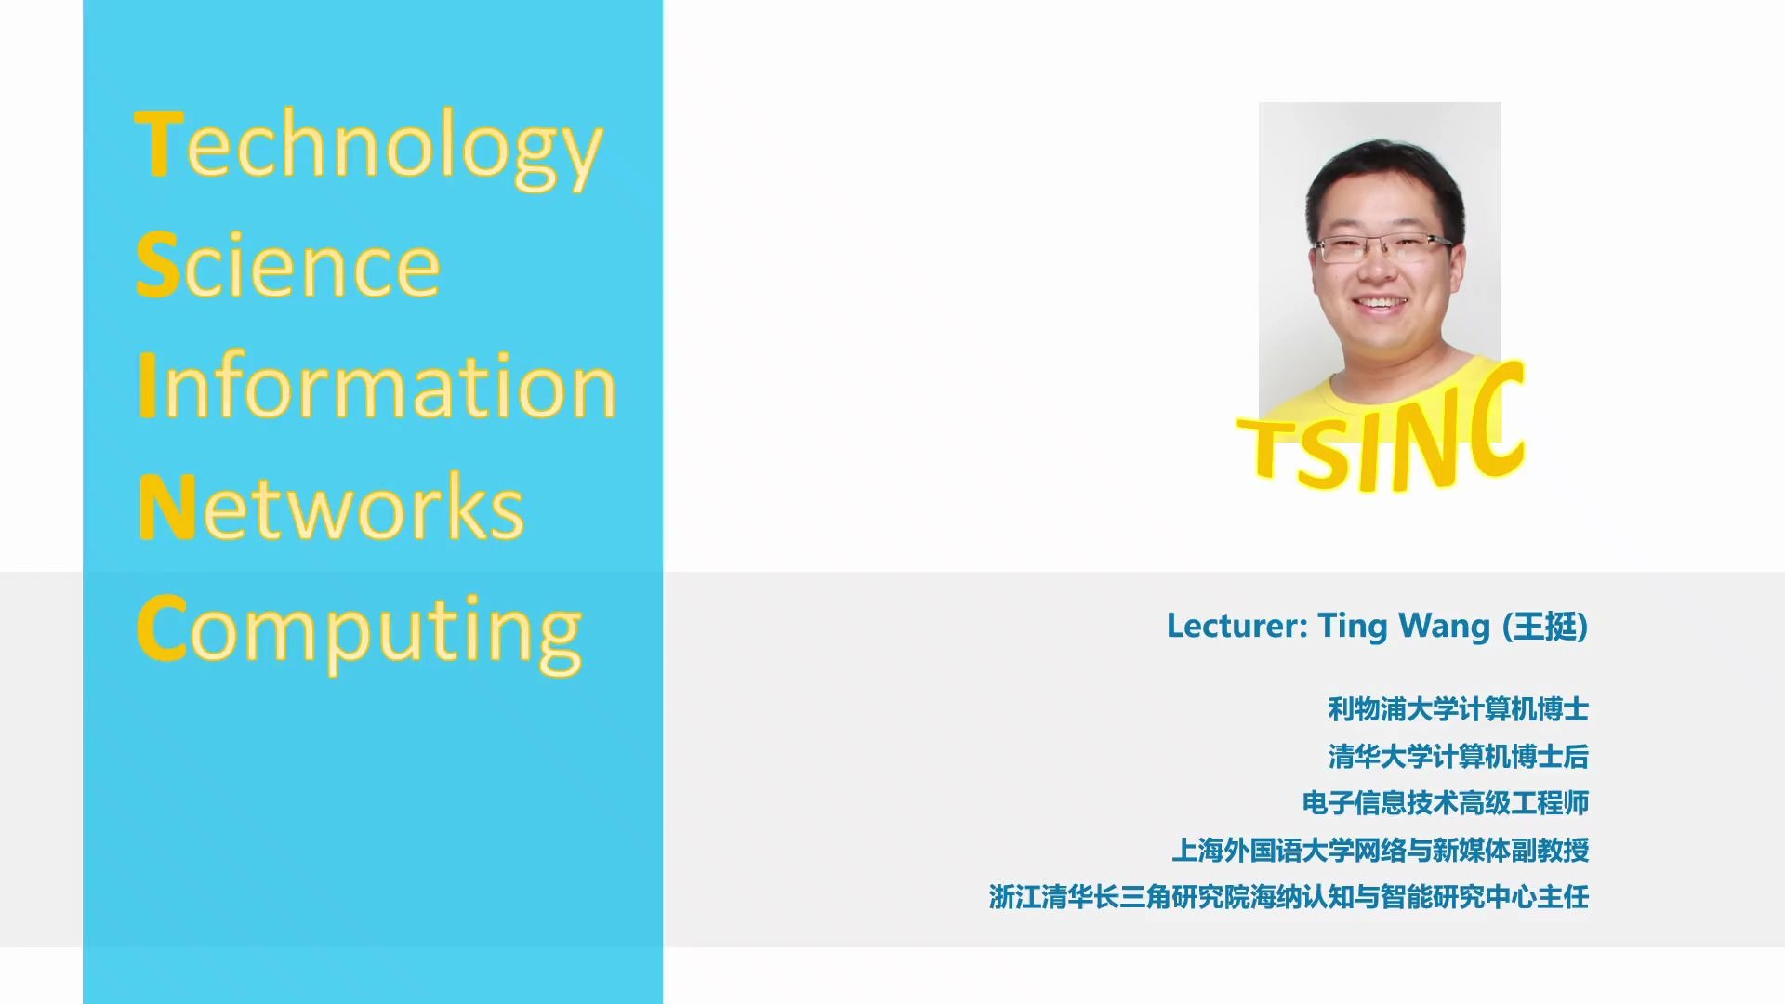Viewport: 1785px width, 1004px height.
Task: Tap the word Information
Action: click(377, 385)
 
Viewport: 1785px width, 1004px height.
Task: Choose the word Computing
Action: click(360, 632)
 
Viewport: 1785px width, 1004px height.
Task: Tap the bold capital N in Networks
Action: click(166, 507)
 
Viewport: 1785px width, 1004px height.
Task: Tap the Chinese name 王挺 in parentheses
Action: click(1545, 627)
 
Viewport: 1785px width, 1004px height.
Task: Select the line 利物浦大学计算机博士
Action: click(1458, 709)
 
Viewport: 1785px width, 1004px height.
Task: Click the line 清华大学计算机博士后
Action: click(1458, 757)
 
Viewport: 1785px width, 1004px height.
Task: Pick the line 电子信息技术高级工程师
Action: click(1445, 803)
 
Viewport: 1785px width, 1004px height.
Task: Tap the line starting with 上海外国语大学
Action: click(1380, 850)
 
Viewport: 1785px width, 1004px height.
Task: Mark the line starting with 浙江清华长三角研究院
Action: click(1289, 897)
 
